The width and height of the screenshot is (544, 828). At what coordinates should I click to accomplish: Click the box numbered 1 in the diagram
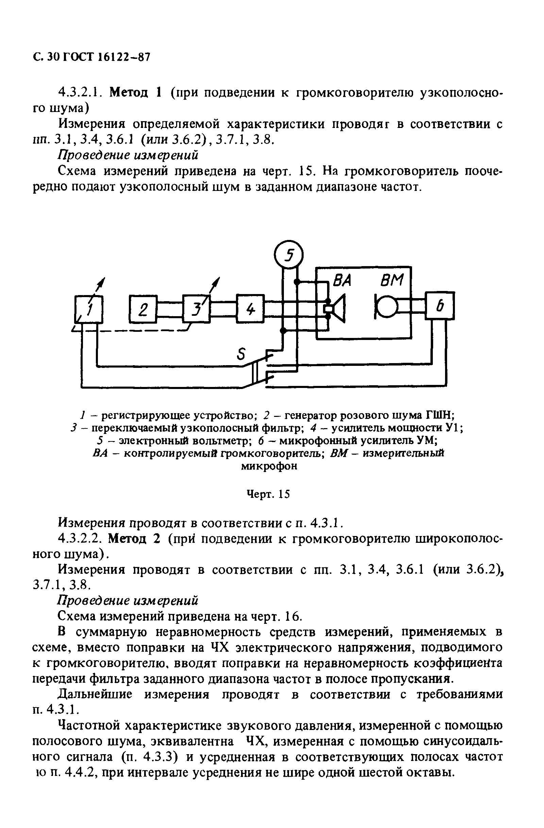click(89, 309)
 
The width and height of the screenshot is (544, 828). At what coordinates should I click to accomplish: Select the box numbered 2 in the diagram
click(143, 309)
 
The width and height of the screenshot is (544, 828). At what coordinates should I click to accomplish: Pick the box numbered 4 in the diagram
click(250, 309)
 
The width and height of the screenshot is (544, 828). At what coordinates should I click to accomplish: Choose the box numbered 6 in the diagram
click(440, 306)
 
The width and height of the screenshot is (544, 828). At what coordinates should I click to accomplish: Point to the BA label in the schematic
click(342, 280)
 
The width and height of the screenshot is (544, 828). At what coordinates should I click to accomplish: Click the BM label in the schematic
click(392, 280)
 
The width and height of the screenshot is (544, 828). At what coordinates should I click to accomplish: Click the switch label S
click(241, 355)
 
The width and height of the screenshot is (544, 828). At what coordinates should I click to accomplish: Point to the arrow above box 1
click(100, 285)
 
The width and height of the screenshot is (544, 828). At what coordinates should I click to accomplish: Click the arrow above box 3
click(216, 285)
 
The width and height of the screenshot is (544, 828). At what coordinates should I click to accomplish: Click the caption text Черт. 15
click(268, 494)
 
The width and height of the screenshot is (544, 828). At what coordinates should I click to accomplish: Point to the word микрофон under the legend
click(269, 466)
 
